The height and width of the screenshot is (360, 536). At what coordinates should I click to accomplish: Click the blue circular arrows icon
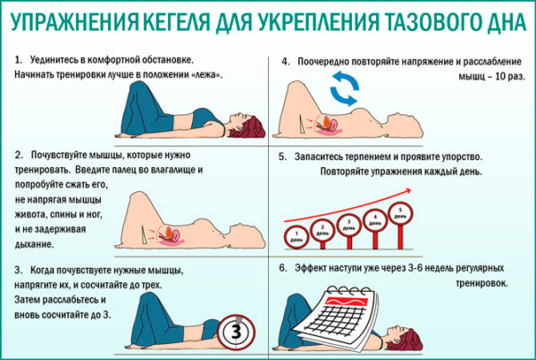(x=344, y=88)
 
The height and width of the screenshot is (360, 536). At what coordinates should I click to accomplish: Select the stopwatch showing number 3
(x=237, y=331)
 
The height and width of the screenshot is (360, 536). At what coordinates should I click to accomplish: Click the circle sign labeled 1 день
(x=297, y=237)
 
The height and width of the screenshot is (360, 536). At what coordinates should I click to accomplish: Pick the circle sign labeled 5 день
(x=400, y=213)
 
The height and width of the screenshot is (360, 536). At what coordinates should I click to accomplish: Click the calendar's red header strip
(x=346, y=302)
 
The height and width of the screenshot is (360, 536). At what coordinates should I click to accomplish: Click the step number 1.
(x=18, y=60)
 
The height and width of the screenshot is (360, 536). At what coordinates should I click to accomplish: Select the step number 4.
(x=286, y=62)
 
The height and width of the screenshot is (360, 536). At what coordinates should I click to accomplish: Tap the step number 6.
(x=283, y=268)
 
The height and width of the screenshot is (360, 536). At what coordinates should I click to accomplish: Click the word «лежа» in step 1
(x=207, y=75)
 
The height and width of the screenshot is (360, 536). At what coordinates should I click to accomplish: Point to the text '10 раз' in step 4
(x=510, y=76)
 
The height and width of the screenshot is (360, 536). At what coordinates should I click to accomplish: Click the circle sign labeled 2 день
(x=322, y=231)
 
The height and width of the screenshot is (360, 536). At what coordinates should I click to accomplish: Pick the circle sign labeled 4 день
(x=375, y=220)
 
